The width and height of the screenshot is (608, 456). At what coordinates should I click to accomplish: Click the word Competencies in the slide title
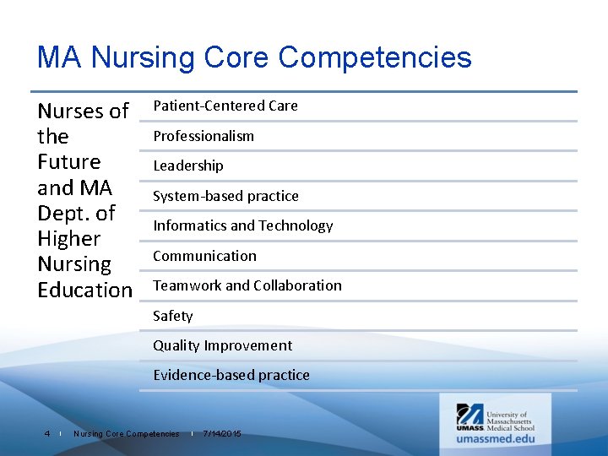374,57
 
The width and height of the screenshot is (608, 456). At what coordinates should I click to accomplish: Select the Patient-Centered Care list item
225,106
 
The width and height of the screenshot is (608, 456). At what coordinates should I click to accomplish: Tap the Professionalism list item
203,136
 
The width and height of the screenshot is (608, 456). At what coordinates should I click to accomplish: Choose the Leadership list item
187,166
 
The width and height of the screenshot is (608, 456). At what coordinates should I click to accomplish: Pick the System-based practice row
225,196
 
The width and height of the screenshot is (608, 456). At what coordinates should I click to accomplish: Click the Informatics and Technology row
242,225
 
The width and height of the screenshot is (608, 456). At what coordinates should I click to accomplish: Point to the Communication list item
204,256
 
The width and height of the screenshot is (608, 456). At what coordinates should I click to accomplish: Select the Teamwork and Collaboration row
247,285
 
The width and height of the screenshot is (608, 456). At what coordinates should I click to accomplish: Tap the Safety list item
172,316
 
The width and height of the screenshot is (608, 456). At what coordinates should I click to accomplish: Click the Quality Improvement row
222,345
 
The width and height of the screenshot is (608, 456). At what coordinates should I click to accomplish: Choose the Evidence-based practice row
231,375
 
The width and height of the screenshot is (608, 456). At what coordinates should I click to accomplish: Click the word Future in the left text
68,161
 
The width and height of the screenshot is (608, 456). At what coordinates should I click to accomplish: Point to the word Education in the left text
84,290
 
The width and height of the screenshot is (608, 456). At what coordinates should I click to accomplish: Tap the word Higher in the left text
68,238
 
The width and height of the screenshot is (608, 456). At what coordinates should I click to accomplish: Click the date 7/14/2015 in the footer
222,434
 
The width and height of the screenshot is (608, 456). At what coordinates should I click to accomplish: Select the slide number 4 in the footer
47,434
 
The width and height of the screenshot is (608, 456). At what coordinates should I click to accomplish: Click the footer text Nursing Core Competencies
126,434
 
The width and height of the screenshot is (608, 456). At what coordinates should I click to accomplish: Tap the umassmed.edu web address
496,438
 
